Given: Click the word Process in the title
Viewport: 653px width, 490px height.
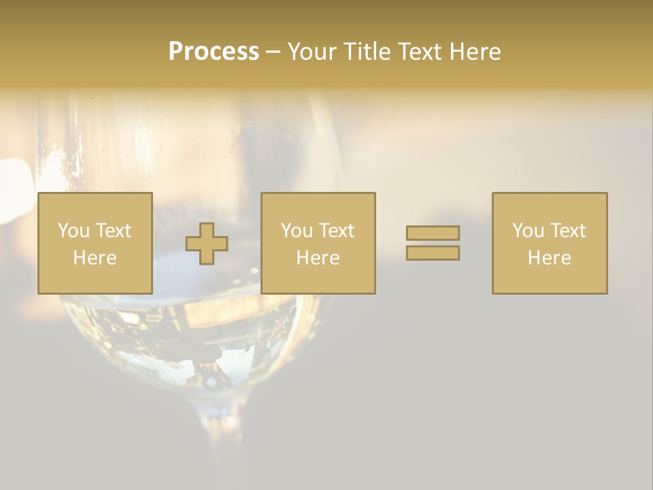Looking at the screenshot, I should click(x=214, y=52).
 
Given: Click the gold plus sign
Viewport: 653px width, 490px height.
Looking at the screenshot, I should click(x=207, y=244).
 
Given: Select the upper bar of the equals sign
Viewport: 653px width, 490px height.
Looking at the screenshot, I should click(x=433, y=233).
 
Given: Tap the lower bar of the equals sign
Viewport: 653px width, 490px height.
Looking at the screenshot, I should click(x=433, y=253).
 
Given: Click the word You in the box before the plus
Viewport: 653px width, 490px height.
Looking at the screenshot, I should click(x=73, y=231).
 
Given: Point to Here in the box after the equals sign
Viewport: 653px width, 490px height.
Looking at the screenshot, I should click(x=550, y=258).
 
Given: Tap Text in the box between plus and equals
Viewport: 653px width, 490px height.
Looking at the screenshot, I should click(x=337, y=231).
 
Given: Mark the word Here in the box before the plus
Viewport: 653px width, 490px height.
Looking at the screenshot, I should click(x=95, y=258).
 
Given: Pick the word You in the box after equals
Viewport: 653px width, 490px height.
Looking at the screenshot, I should click(x=527, y=231).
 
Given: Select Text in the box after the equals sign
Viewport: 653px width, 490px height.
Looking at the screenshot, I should click(x=568, y=231).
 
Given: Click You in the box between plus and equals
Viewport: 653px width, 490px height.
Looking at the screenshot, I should click(x=296, y=231).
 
